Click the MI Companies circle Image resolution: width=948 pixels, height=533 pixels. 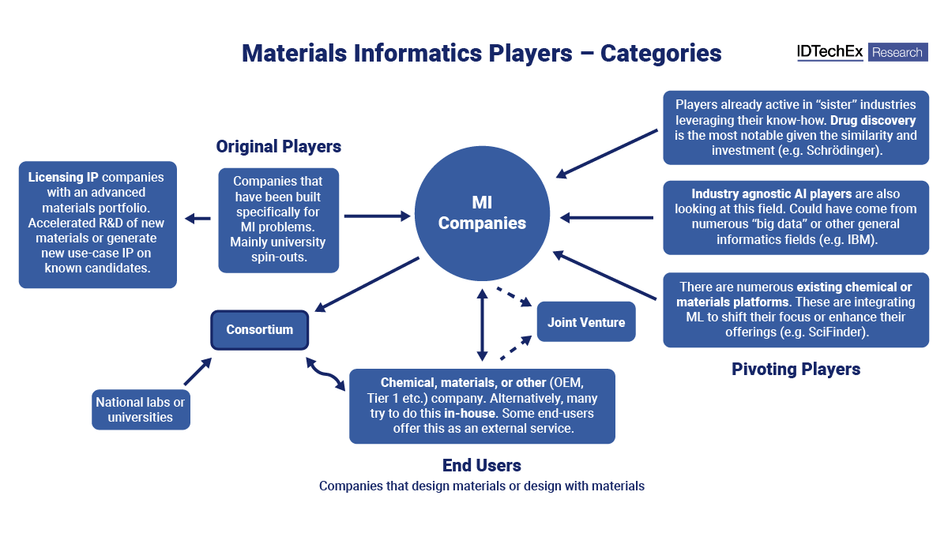482,213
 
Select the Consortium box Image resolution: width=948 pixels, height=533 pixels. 259,330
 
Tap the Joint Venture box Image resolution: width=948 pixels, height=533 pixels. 586,322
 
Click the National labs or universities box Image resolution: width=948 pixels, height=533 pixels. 141,409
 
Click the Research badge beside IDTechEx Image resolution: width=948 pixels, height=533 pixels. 897,52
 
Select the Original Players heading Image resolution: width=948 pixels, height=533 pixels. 278,147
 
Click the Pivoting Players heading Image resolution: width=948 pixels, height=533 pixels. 796,370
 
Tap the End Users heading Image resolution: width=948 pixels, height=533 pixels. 481,465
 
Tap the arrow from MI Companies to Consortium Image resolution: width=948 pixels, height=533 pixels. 367,283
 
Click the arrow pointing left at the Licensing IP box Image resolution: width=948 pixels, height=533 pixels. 197,219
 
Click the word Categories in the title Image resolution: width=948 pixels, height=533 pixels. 661,53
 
